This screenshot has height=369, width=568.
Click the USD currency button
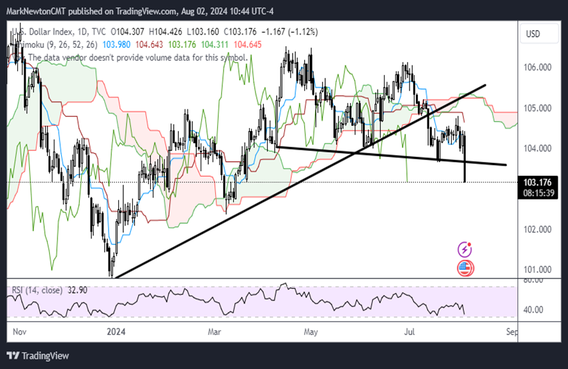pyautogui.click(x=533, y=33)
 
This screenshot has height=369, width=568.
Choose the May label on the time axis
pyautogui.click(x=311, y=332)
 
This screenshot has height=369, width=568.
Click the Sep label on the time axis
pyautogui.click(x=510, y=332)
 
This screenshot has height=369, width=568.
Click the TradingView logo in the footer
pyautogui.click(x=38, y=356)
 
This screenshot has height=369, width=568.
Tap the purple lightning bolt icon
pyautogui.click(x=466, y=249)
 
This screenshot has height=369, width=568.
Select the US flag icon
pyautogui.click(x=466, y=268)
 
